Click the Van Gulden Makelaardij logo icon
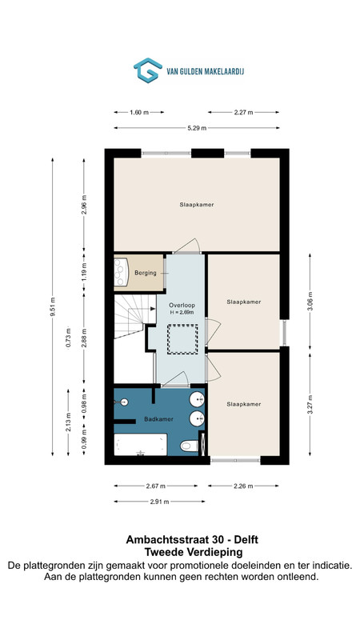[x=147, y=70]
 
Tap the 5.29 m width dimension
[x=197, y=128]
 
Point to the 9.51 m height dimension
[x=52, y=306]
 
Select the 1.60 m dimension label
[x=138, y=112]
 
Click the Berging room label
[x=146, y=273]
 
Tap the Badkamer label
[x=158, y=418]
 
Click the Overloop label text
[x=182, y=305]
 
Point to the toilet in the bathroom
[x=189, y=446]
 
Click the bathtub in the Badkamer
[x=141, y=444]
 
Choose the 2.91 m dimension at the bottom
[x=159, y=502]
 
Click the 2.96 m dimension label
[x=84, y=205]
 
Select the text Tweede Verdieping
[x=194, y=552]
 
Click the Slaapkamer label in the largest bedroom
[x=197, y=205]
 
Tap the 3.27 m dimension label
[x=310, y=405]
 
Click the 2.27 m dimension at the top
[x=244, y=112]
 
